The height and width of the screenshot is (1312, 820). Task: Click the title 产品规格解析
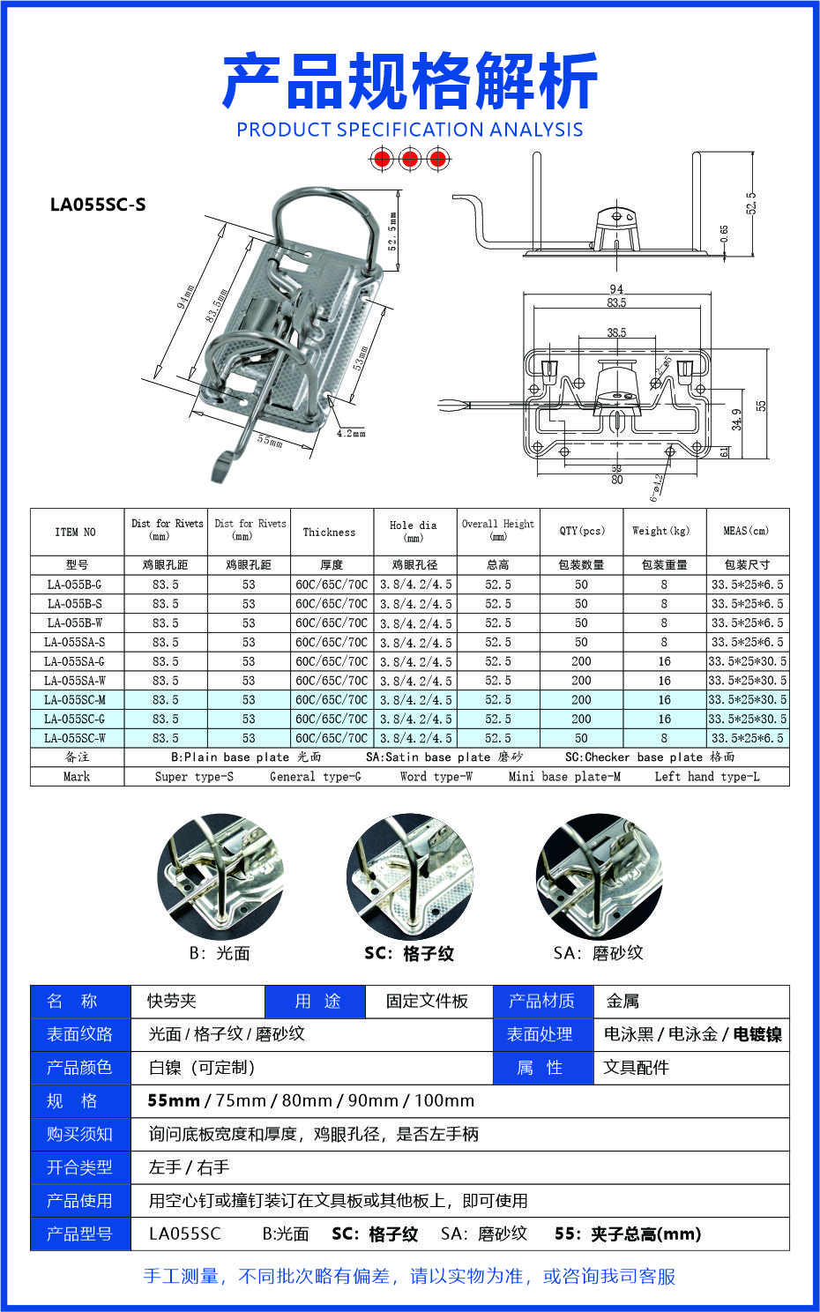(410, 81)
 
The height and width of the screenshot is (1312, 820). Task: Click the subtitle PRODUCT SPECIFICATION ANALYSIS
(410, 130)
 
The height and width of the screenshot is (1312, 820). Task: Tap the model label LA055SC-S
(98, 205)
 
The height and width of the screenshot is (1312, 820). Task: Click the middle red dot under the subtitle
(409, 159)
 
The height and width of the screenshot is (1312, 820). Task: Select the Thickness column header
(329, 533)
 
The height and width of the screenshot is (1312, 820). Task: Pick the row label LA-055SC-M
(75, 700)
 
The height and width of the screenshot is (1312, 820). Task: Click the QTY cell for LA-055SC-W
(581, 738)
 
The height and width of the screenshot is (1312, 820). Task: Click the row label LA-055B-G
(75, 585)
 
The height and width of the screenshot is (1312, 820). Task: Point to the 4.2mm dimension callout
(350, 433)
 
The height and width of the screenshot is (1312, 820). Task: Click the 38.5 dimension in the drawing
(616, 332)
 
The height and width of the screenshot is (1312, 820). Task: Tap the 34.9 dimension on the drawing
(737, 419)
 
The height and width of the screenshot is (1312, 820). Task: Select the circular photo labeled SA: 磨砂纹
(599, 876)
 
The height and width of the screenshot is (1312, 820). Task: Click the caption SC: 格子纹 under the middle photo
(409, 953)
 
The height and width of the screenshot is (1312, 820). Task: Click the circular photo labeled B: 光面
(220, 876)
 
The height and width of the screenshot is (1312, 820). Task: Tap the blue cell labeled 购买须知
(80, 1134)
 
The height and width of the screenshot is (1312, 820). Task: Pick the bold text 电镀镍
(757, 1034)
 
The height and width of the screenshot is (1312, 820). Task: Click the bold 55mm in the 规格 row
(174, 1100)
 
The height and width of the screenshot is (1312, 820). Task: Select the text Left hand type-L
(706, 777)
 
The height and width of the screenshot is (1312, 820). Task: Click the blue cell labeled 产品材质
(541, 1001)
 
